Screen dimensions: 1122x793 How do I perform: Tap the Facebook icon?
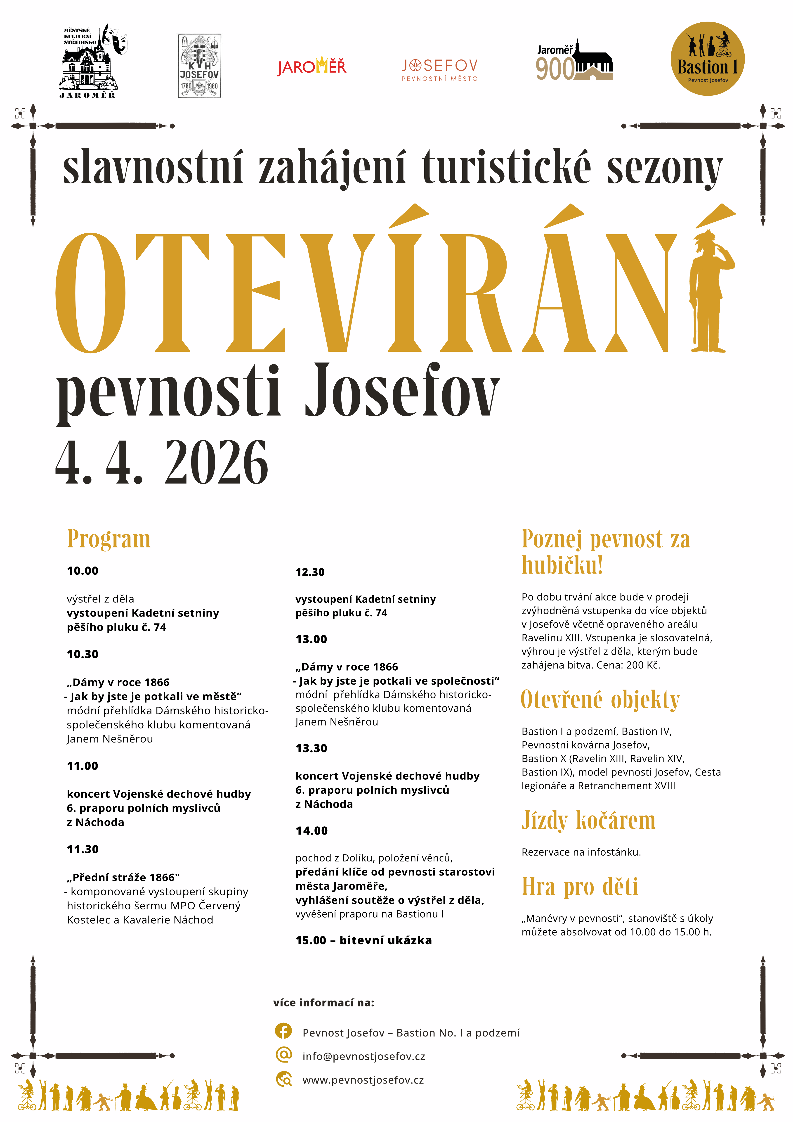(x=283, y=1032)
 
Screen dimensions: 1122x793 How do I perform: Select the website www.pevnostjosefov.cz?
(x=363, y=1080)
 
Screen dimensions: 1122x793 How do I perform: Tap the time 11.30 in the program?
(x=83, y=849)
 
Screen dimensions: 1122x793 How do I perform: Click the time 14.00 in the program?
(x=312, y=831)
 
